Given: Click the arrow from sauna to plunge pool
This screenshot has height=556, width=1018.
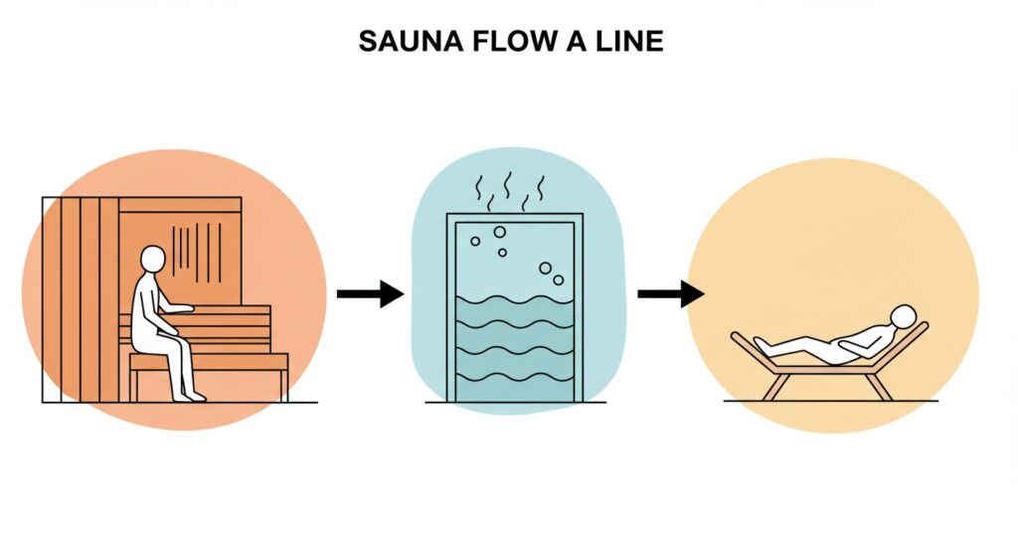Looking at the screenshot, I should pos(370,293).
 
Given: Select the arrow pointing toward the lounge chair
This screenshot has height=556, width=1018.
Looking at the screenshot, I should pos(670,293).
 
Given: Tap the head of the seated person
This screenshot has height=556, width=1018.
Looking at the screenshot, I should pos(151,259).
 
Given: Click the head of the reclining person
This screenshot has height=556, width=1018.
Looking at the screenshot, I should pos(903,316).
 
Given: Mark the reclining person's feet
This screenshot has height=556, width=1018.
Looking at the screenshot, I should pos(762,345).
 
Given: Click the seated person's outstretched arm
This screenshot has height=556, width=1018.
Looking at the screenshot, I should pos(174,309).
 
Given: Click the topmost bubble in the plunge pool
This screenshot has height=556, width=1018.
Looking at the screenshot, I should pos(499,232).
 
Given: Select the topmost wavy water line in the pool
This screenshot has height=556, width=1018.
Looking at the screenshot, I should pos(514,300).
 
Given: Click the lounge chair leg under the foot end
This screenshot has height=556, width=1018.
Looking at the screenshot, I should pos(772,386).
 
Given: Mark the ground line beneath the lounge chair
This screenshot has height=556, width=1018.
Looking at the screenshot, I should pos(829,401).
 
